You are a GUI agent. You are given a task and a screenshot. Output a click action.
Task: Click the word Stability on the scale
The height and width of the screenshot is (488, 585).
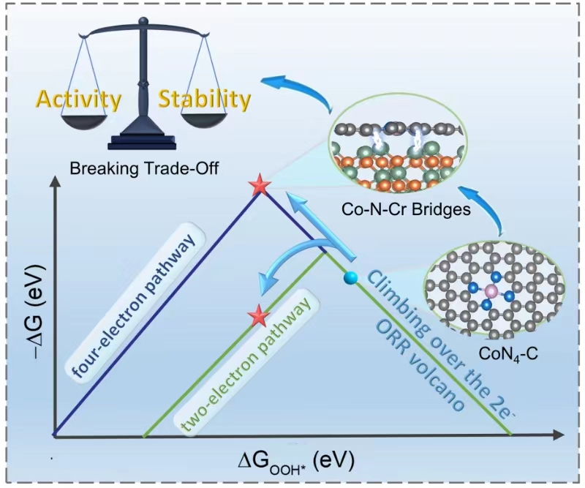205,99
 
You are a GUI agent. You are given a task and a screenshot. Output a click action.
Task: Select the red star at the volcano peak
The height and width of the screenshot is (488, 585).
258,187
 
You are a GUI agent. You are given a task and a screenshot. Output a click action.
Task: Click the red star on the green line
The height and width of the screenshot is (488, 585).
257,317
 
